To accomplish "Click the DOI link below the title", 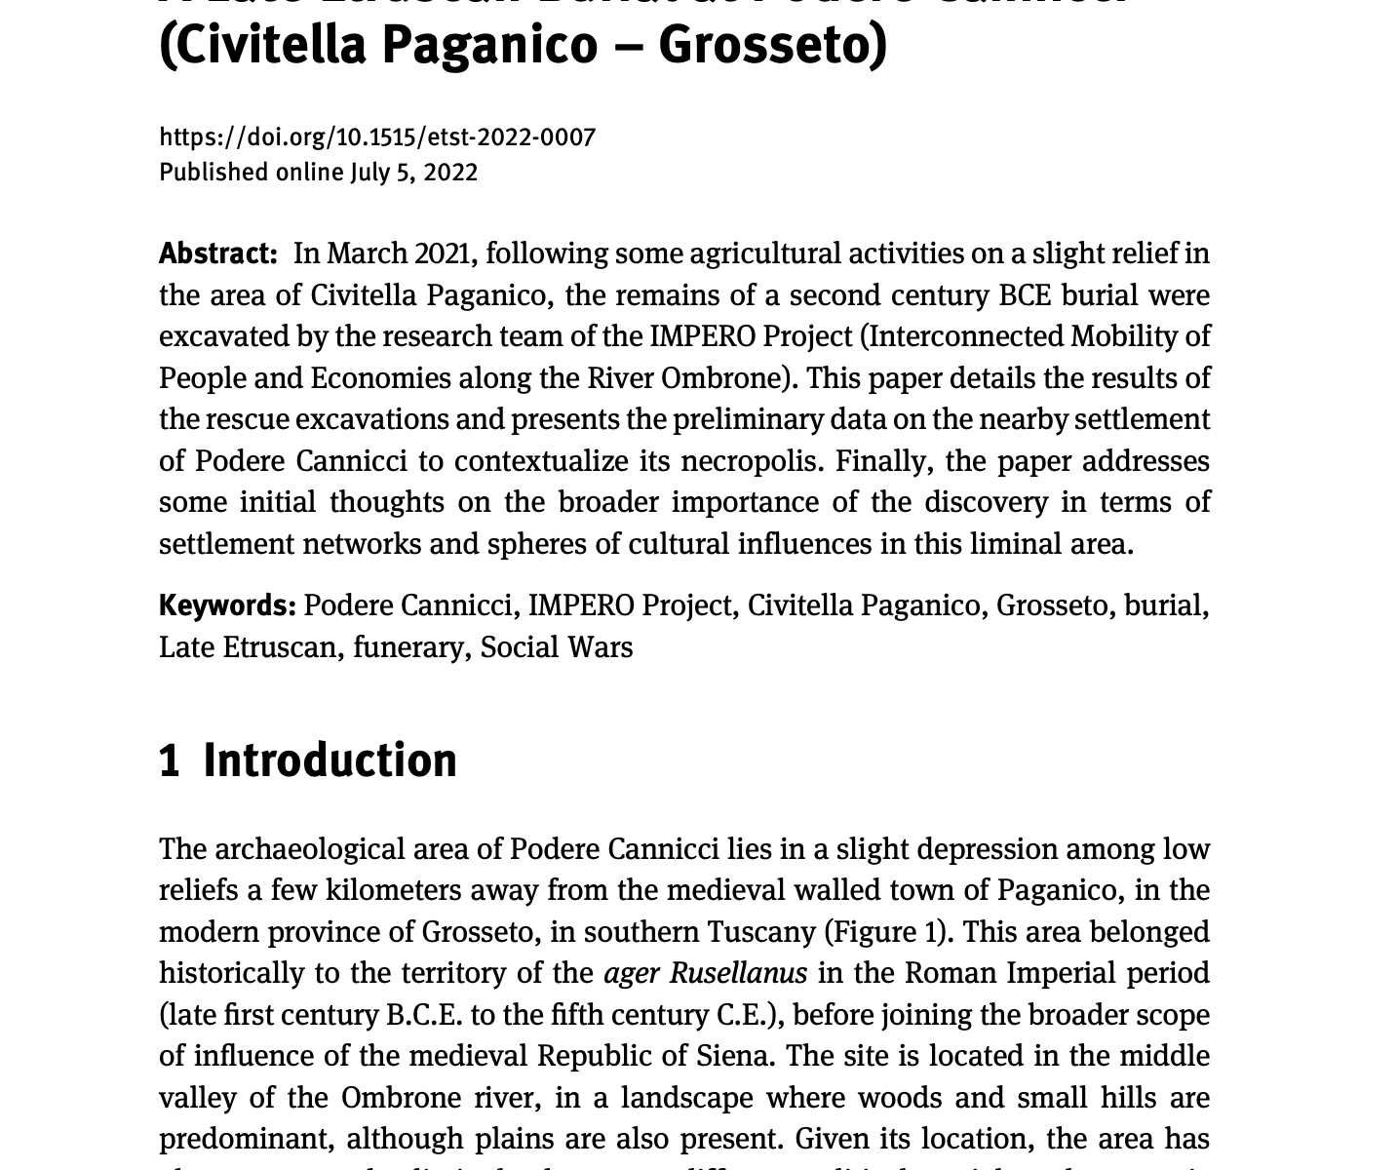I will [x=377, y=137].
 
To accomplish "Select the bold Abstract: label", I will [x=218, y=253].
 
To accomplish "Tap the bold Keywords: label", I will [x=227, y=605].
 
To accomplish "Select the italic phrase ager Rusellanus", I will [x=706, y=973].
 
